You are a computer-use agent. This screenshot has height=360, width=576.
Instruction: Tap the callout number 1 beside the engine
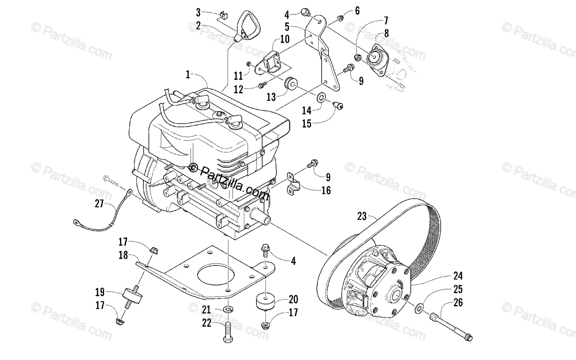tap(189, 75)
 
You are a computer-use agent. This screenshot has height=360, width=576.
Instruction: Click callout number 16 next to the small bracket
tap(326, 191)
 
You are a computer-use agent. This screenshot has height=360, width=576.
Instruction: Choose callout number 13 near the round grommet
tap(271, 97)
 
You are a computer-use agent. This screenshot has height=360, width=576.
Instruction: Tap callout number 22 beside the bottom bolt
tap(206, 323)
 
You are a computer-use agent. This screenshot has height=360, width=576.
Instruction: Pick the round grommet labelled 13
tap(290, 85)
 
